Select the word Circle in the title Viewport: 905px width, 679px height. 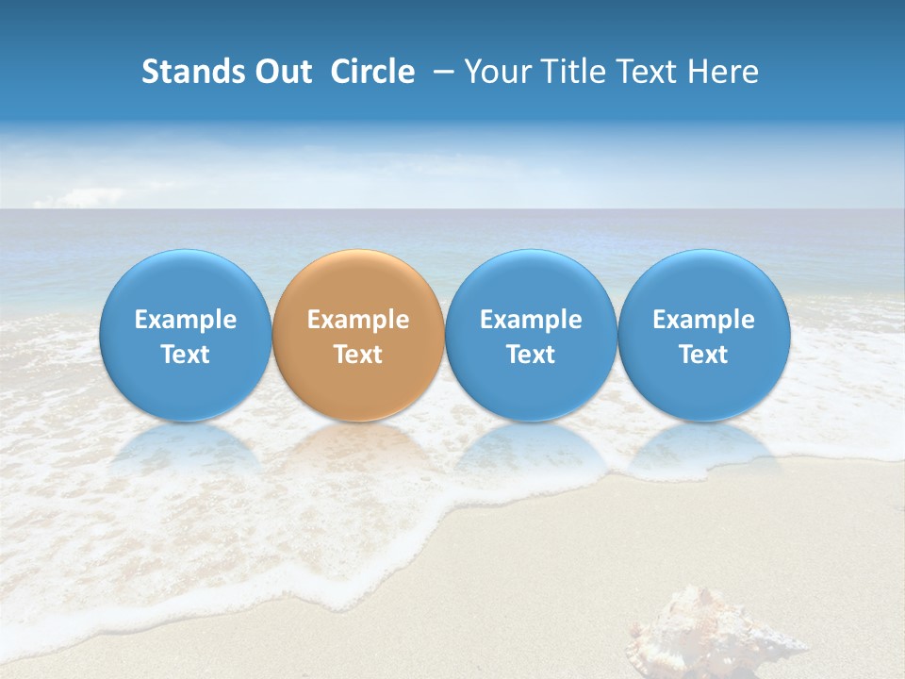(372, 72)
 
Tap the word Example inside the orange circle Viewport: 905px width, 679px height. (358, 320)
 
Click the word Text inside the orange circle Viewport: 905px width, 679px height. (358, 355)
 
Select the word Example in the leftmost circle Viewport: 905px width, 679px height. (185, 320)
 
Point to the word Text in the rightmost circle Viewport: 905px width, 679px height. (703, 355)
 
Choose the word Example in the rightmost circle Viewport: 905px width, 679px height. (703, 320)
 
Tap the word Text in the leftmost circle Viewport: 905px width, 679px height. (185, 355)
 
